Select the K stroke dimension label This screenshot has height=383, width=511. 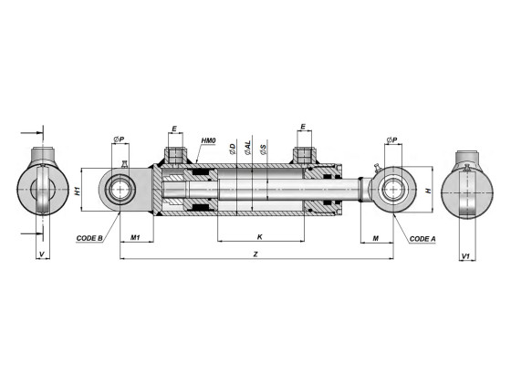[x=260, y=236]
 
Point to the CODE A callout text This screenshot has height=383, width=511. [x=422, y=238]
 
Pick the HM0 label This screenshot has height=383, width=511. [x=208, y=141]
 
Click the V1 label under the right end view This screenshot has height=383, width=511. [x=465, y=255]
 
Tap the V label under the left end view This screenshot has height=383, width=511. [x=41, y=255]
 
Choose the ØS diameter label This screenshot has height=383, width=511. [x=264, y=148]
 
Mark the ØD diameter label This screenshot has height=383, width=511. [x=234, y=148]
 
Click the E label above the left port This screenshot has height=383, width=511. [x=175, y=129]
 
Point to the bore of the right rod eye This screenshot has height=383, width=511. [x=394, y=191]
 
